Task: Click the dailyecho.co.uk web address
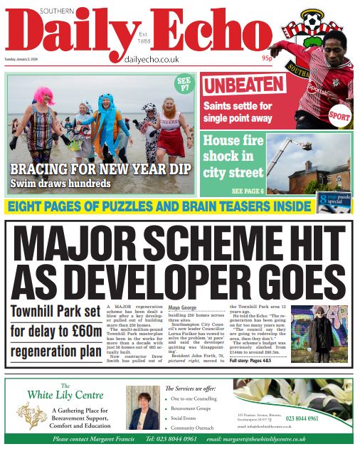tap(151, 60)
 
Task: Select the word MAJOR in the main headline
tap(83, 244)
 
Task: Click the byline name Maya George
tap(183, 307)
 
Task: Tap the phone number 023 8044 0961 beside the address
tap(323, 418)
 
